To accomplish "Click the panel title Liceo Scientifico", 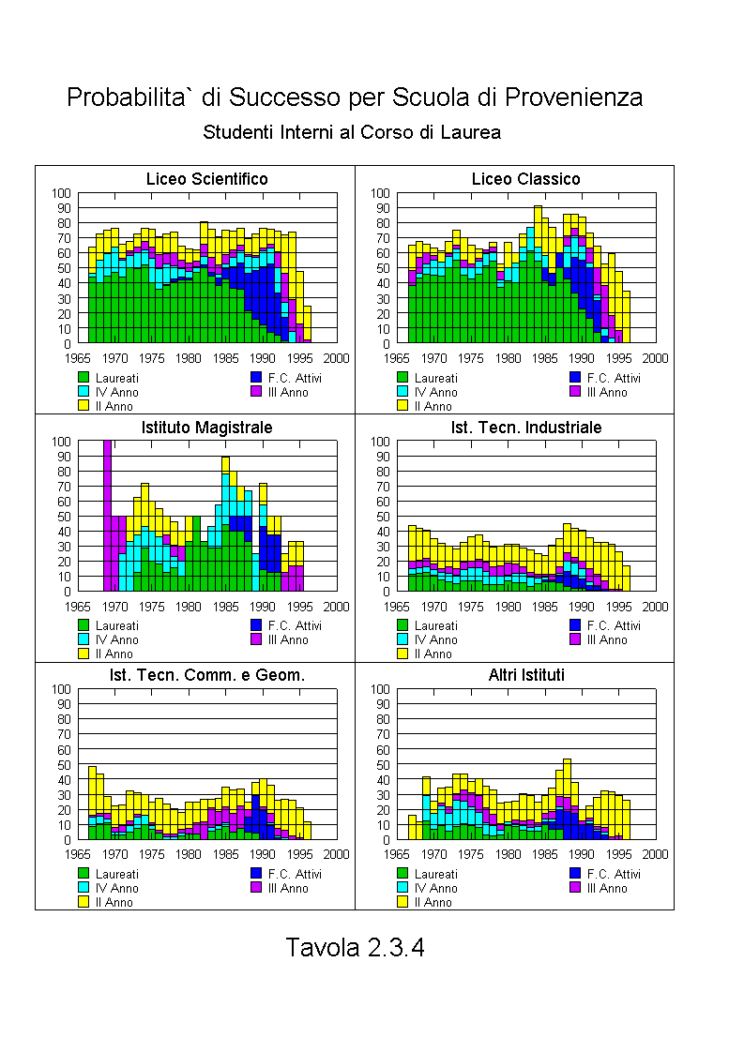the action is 206,179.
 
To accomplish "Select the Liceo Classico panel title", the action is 525,179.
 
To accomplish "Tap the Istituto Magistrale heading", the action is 206,428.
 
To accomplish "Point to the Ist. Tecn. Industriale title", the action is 526,428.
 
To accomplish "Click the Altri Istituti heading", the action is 526,675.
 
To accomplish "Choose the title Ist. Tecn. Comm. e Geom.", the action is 206,675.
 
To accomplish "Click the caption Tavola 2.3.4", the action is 356,947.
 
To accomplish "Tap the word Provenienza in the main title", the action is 573,98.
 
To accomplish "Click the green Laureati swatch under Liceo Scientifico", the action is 84,377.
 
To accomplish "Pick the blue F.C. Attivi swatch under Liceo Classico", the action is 575,377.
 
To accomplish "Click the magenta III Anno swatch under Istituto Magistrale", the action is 256,639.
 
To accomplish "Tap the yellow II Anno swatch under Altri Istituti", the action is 402,902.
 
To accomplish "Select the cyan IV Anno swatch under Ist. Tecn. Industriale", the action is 402,639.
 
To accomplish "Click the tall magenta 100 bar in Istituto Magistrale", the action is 108,516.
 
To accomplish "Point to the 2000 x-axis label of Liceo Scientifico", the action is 337,358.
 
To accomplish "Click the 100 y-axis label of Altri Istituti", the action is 380,689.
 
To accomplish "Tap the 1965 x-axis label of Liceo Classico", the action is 397,358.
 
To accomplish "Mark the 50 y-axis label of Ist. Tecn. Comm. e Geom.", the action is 64,765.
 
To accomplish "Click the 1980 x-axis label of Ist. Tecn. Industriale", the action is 508,607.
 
